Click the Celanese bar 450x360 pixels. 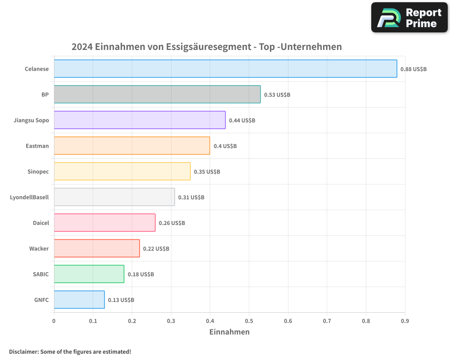(225, 69)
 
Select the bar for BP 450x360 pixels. (157, 94)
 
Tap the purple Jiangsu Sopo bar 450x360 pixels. (139, 120)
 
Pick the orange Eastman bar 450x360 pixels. (132, 146)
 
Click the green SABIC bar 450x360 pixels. (89, 274)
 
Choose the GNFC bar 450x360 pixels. (79, 300)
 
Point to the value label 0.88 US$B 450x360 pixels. (413, 69)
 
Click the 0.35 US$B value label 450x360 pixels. (207, 172)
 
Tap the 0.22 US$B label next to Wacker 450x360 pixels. (156, 249)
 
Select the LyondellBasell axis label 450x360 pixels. (29, 197)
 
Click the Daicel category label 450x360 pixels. (40, 223)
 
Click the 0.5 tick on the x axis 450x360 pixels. (249, 321)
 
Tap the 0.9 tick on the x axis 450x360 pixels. (405, 321)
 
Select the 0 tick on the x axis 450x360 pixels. (54, 321)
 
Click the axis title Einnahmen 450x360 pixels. (229, 332)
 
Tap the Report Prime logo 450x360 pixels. (409, 18)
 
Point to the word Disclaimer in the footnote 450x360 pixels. (23, 351)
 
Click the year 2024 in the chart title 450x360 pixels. (82, 47)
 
